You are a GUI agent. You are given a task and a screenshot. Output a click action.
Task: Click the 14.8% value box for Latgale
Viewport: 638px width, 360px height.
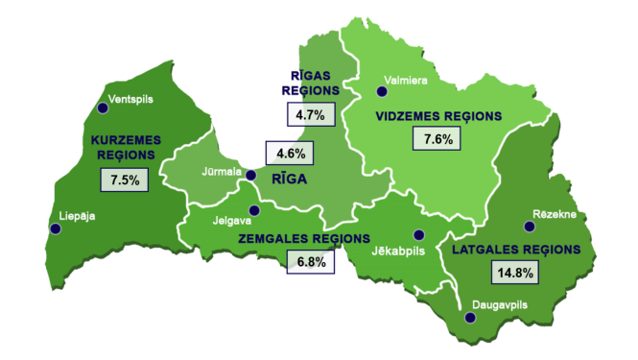pos(513,272)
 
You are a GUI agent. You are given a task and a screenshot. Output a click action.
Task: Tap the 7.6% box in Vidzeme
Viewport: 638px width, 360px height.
pos(437,139)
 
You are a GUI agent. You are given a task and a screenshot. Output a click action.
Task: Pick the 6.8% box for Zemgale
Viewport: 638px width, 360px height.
pos(312,260)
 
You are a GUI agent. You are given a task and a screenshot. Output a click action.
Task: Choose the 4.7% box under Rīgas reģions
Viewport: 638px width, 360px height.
pos(311,114)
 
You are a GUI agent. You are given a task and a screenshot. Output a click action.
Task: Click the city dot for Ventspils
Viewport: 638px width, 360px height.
pos(103,108)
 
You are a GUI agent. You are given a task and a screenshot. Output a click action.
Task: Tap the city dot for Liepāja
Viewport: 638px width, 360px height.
pos(55,228)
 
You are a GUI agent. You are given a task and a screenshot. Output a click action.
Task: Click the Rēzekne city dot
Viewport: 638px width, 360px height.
pos(529,227)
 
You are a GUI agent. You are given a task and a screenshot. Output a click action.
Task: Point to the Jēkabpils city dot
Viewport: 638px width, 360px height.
pos(417,235)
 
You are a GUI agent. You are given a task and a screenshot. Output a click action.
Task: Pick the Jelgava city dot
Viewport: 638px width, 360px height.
pos(254,211)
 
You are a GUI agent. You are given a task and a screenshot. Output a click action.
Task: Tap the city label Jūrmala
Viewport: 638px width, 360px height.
pos(221,173)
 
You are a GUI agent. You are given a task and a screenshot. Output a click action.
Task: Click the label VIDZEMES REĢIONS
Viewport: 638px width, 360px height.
pos(437,115)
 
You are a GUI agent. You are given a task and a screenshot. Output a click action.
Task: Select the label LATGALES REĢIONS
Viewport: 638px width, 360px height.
pos(515,249)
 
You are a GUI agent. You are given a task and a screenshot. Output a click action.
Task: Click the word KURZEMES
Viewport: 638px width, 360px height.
pos(126,140)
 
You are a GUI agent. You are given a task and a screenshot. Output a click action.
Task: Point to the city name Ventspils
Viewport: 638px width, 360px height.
pos(131,98)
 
